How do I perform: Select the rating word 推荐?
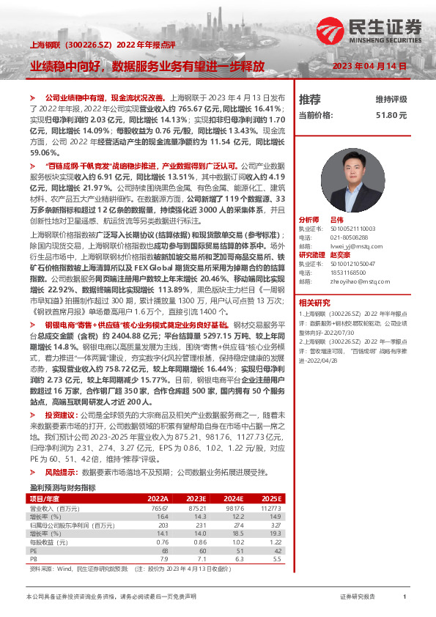(310, 99)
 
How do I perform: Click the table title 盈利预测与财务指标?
(62, 487)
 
